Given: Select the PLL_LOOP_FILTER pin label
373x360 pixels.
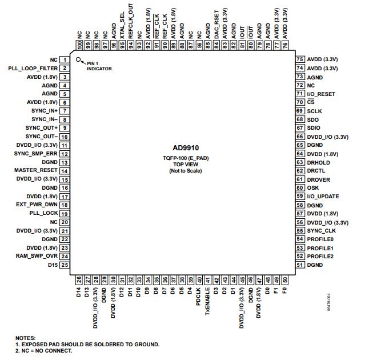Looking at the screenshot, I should tap(33, 68).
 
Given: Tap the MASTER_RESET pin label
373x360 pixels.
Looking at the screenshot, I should tap(35, 170).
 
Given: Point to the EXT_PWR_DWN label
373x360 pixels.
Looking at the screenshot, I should tap(38, 205).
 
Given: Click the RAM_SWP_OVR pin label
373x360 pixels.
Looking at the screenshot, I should tap(37, 256).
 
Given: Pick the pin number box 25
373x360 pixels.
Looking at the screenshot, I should tap(65, 265).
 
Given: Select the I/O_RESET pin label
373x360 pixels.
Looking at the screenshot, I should tap(321, 94).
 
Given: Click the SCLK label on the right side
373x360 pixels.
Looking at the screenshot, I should tap(314, 111).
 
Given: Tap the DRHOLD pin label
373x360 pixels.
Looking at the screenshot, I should tap(318, 162).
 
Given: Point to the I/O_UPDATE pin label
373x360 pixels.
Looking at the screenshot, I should tap(323, 197).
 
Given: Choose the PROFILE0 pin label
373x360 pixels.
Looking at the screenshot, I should tap(320, 239).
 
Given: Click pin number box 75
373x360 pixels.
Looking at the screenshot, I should tap(300, 59).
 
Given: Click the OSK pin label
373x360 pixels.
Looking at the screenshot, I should tap(313, 188).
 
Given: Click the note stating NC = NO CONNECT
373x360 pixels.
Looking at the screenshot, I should tap(44, 351).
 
